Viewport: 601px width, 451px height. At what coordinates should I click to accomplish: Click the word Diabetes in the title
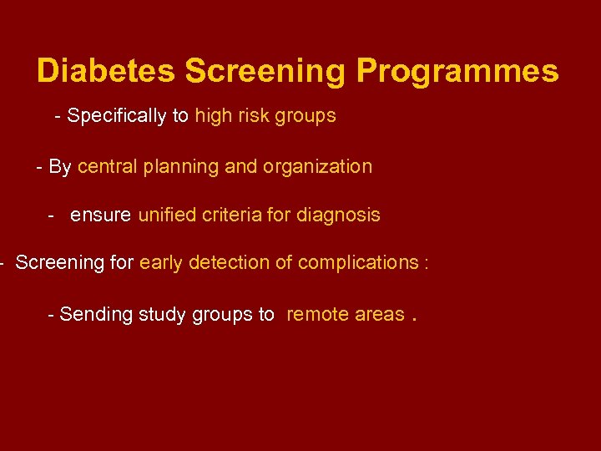pyautogui.click(x=107, y=71)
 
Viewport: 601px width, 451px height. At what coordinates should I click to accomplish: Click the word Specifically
pyautogui.click(x=117, y=116)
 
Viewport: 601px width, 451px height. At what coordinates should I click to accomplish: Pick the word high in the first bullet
pyautogui.click(x=213, y=116)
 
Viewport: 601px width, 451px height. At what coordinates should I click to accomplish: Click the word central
pyautogui.click(x=108, y=166)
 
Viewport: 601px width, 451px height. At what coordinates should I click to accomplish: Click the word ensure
pyautogui.click(x=100, y=215)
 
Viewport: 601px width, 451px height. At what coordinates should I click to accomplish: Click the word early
pyautogui.click(x=162, y=263)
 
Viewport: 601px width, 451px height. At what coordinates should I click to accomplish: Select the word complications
pyautogui.click(x=358, y=263)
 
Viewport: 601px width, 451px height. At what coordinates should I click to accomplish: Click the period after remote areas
pyautogui.click(x=414, y=318)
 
